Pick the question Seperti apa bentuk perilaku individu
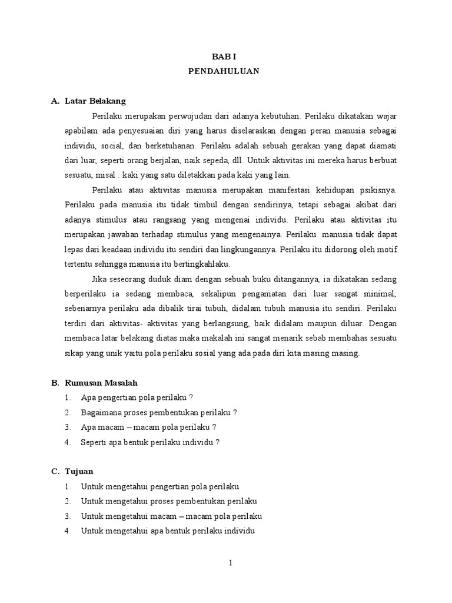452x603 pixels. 150,442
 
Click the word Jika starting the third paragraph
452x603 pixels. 101,278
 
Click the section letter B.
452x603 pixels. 55,383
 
